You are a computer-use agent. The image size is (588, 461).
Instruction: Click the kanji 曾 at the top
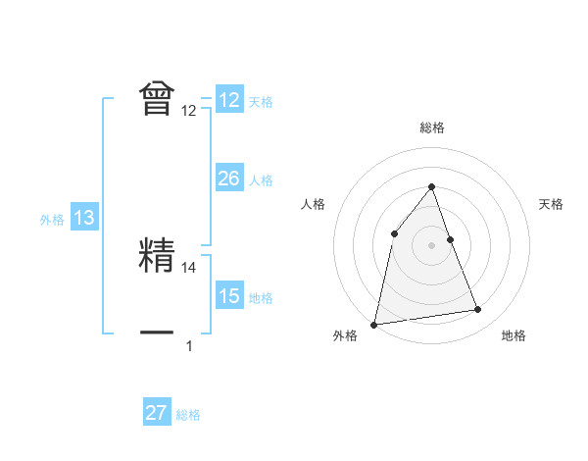coord(157,98)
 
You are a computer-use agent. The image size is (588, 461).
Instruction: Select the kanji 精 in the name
coord(157,254)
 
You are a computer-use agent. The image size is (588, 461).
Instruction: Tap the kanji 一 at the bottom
coord(157,332)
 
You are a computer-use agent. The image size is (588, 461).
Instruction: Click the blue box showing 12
coord(229,100)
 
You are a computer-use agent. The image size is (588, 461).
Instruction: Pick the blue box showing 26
coord(229,179)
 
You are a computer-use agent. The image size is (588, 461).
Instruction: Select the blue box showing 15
coord(229,295)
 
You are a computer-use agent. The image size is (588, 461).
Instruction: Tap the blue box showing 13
coord(84,218)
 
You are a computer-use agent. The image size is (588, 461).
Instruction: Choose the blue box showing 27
coord(157,413)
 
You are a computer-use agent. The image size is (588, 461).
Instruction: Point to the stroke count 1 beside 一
coord(189,345)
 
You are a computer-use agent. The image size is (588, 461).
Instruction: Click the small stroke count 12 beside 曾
coord(189,111)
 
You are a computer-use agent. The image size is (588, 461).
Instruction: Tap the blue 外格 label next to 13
coord(52,220)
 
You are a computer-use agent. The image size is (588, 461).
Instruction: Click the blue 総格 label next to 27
coord(188,415)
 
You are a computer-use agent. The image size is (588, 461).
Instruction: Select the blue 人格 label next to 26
coord(261,180)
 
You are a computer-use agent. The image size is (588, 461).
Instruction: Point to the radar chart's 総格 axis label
coord(431,128)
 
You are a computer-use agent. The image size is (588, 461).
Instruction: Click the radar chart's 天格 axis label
coord(552,204)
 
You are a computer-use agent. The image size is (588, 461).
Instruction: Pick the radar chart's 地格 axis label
coord(514,335)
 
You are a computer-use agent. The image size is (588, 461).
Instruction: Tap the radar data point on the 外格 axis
coord(374,324)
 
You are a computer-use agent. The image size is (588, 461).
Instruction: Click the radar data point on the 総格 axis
coord(431,186)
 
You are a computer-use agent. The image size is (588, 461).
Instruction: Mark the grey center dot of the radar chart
coord(431,245)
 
